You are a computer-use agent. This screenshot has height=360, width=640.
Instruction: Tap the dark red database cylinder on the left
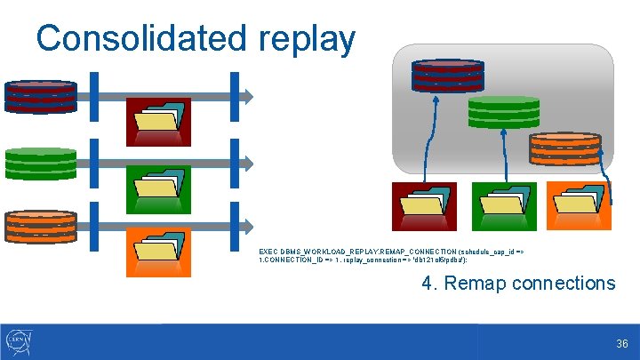tap(41, 95)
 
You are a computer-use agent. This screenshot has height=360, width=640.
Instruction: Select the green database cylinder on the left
tap(41, 164)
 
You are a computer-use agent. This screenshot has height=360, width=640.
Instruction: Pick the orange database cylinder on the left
tap(41, 227)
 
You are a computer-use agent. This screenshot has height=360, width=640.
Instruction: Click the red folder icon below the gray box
tap(424, 206)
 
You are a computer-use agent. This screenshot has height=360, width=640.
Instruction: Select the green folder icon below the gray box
tap(502, 206)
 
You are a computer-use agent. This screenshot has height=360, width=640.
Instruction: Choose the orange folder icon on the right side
tap(578, 206)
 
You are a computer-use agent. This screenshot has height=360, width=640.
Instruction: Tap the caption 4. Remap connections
tap(517, 284)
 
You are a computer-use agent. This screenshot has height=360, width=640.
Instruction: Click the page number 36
tap(621, 343)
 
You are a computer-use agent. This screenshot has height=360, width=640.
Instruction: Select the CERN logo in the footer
tap(19, 342)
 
